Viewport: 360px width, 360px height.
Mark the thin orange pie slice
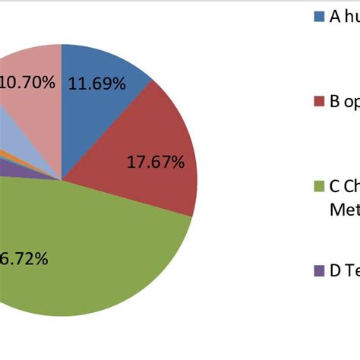[x=6, y=155]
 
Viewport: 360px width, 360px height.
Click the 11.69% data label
[x=96, y=84]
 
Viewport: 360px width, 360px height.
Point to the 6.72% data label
[x=24, y=259]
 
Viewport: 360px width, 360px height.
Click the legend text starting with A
[x=343, y=16]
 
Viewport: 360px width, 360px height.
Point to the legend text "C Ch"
[x=343, y=186]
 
